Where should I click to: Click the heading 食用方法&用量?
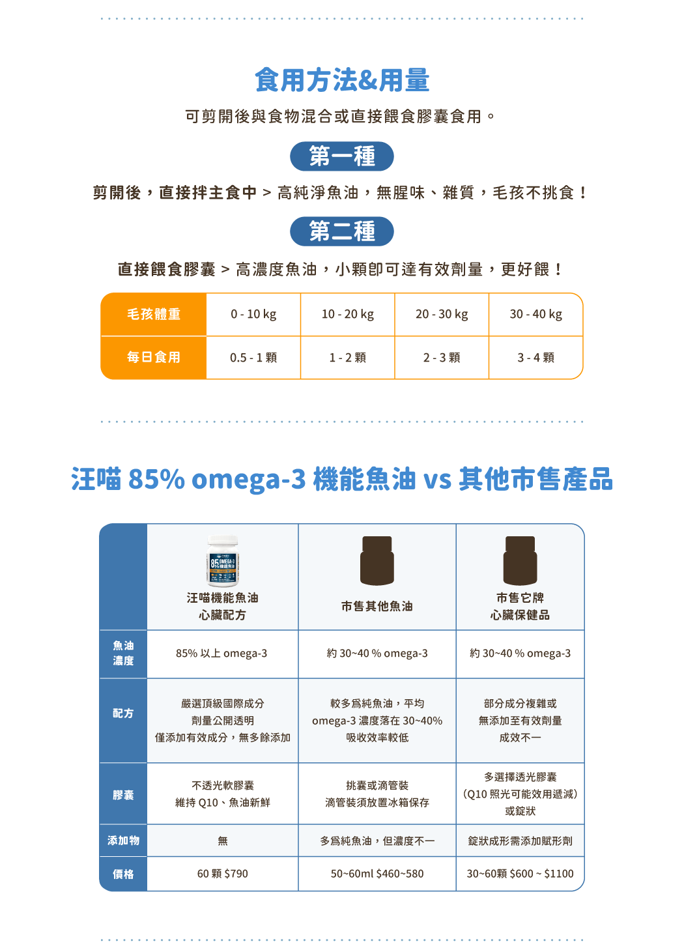coord(342,80)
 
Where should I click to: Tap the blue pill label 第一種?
coord(342,156)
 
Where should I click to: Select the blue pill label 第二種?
coord(342,231)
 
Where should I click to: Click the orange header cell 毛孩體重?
coord(154,314)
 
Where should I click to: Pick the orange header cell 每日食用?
coord(154,357)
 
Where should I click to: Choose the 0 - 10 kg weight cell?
coord(253,314)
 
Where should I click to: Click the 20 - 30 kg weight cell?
coord(442,314)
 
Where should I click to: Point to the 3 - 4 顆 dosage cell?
coord(535,358)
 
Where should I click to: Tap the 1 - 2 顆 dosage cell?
coord(347,358)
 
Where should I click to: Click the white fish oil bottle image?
coord(223,560)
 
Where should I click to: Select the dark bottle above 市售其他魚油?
coord(377,560)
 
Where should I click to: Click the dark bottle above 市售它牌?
coord(520,560)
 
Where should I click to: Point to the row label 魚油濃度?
coord(123,653)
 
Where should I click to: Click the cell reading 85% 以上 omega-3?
coord(221,654)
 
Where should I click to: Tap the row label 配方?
coord(123,714)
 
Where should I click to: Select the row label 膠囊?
coord(123,795)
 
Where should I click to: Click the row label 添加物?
coord(123,841)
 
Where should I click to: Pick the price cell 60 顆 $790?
coord(222,874)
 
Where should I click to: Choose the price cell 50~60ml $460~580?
coord(377,874)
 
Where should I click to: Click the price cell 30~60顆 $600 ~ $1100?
coord(520,874)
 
